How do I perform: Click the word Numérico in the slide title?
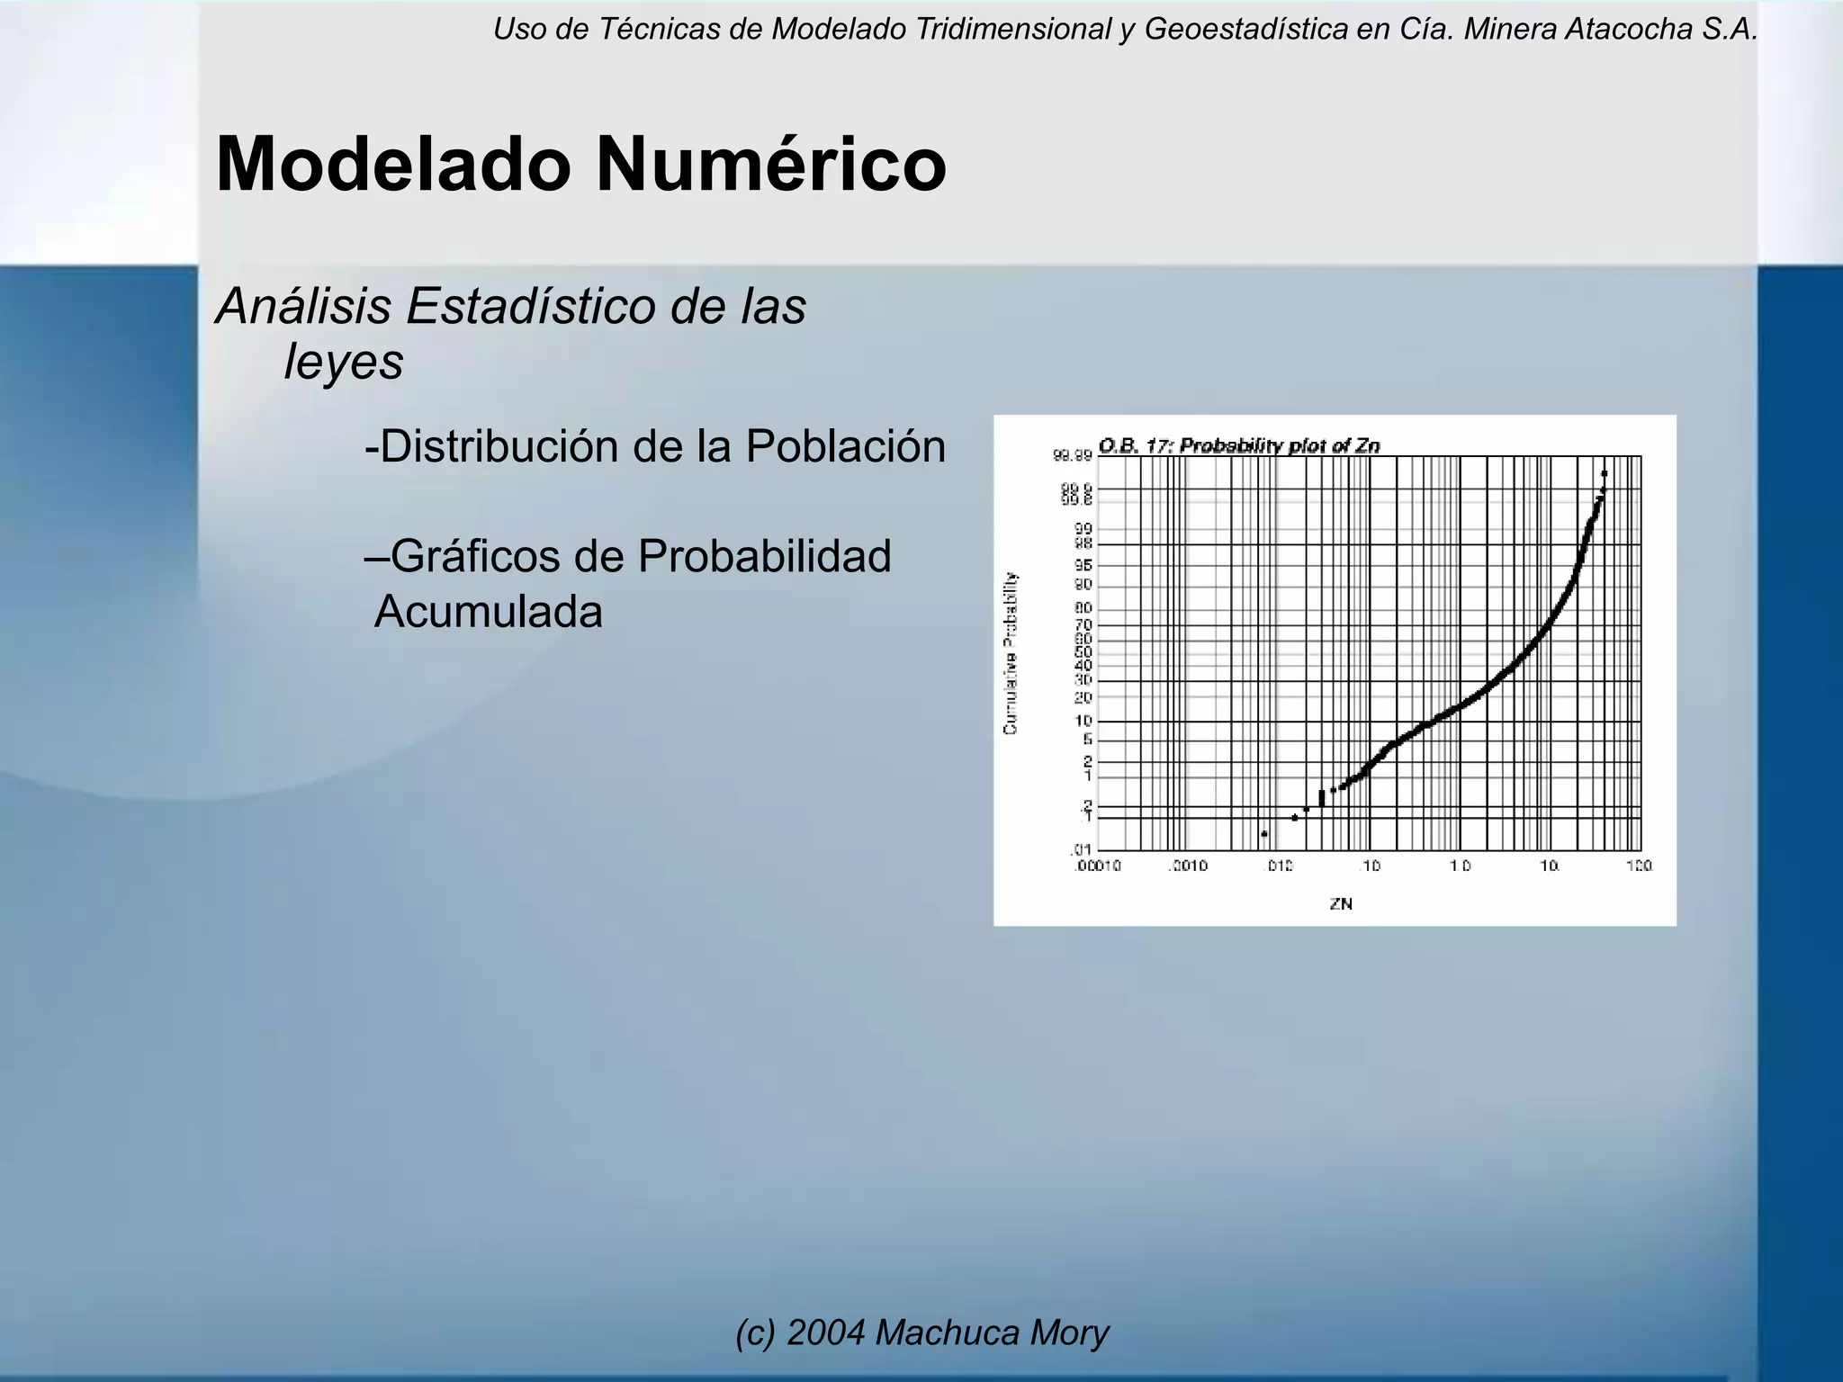(x=770, y=165)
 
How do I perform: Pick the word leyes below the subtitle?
(x=343, y=362)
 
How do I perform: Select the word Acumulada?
(x=488, y=612)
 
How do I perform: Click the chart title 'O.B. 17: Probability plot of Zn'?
(x=1239, y=445)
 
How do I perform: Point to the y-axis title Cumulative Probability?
(x=1011, y=652)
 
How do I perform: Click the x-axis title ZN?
(x=1341, y=904)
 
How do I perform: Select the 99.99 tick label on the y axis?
(x=1072, y=456)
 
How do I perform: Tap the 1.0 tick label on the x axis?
(x=1459, y=866)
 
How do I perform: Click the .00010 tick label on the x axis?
(x=1096, y=866)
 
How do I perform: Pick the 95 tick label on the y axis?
(x=1083, y=565)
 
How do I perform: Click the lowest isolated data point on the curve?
(x=1264, y=834)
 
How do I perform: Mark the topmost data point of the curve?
(x=1605, y=473)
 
